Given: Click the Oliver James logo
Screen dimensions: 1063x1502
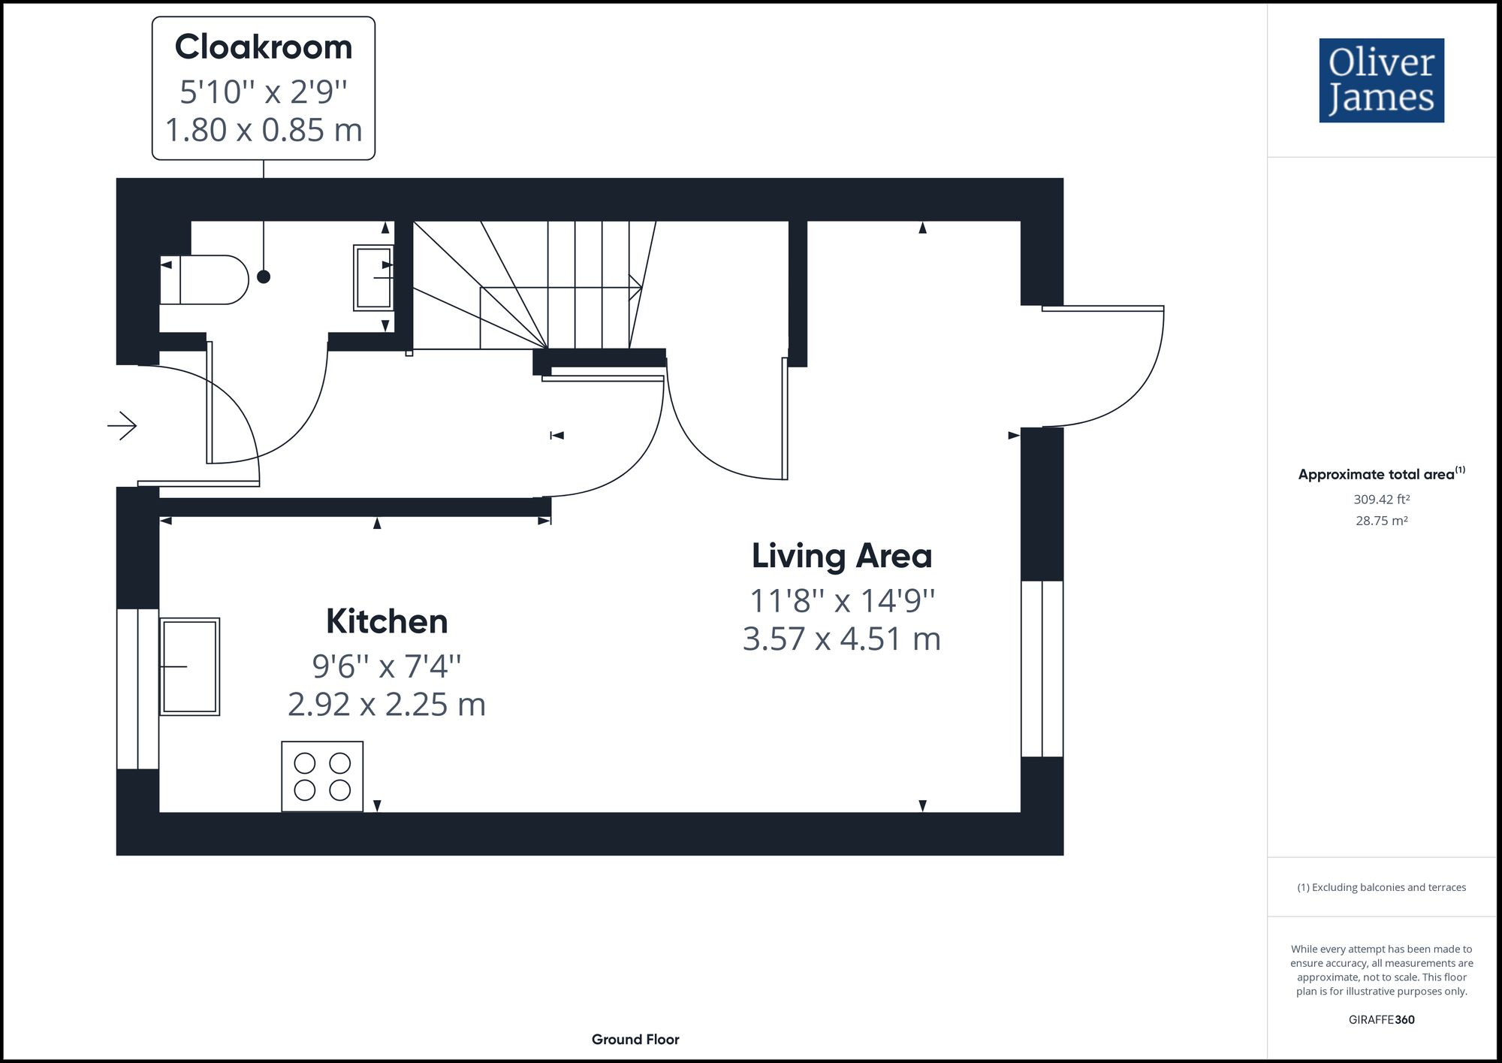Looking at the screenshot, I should coord(1381,80).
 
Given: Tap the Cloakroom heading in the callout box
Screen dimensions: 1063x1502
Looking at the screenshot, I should coord(263,47).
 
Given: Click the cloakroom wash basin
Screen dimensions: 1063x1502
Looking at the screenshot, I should coord(373,277).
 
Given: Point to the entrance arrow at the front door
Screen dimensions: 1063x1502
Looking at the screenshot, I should coord(122,426).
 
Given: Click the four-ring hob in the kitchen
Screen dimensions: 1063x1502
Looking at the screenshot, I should coord(322,777).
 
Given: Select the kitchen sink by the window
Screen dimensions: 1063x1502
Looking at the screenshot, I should coord(189,666).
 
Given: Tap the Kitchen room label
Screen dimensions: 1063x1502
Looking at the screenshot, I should coord(387,621).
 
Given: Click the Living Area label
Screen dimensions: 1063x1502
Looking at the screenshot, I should coord(841,556).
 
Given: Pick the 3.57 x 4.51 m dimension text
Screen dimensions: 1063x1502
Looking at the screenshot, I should coord(841,639).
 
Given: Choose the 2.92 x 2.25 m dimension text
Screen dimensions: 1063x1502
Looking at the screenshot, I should coord(387,705).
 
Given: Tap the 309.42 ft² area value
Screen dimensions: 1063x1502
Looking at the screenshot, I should coord(1381,499).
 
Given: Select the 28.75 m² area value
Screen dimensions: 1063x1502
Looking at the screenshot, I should coord(1381,521).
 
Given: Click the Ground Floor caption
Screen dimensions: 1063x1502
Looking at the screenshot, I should coord(635,1040).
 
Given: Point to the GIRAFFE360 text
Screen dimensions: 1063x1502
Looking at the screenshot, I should coord(1381,1019).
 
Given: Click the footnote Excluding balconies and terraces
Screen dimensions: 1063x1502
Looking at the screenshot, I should coord(1381,887).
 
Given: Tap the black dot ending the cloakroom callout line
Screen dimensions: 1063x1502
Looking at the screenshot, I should coord(264,277).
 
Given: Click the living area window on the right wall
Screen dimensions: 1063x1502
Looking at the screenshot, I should coord(1042,669).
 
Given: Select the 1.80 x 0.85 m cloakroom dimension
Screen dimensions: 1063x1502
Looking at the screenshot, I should coord(264,130).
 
